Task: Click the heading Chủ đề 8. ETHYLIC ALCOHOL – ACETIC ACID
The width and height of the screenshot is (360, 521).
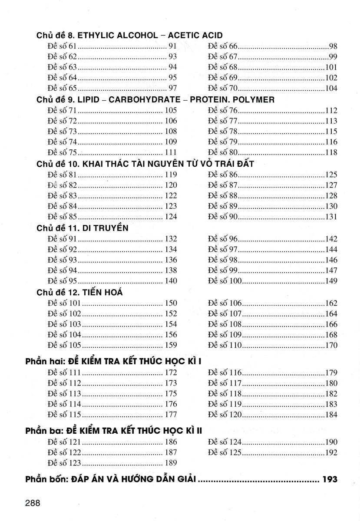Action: (130, 36)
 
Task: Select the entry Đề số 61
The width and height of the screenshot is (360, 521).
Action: (63, 46)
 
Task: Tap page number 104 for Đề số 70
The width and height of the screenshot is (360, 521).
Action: (331, 89)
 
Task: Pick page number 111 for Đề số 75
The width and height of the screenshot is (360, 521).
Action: (171, 152)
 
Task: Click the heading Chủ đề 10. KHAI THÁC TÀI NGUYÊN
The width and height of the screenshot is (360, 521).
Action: (145, 164)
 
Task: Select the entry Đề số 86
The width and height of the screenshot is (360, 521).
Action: (223, 175)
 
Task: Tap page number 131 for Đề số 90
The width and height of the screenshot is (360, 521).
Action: (331, 217)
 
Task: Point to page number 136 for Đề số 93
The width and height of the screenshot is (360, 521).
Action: (171, 260)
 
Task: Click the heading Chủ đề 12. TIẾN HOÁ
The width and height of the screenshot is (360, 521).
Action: (80, 292)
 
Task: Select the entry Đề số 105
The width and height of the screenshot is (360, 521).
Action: (65, 345)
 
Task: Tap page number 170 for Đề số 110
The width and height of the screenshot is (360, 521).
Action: (331, 345)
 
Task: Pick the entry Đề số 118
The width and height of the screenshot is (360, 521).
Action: (225, 394)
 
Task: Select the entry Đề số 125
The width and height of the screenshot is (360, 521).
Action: (225, 453)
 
